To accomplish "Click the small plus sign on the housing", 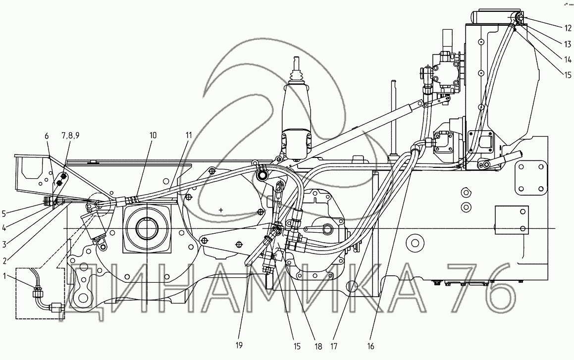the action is coord(221,210).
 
